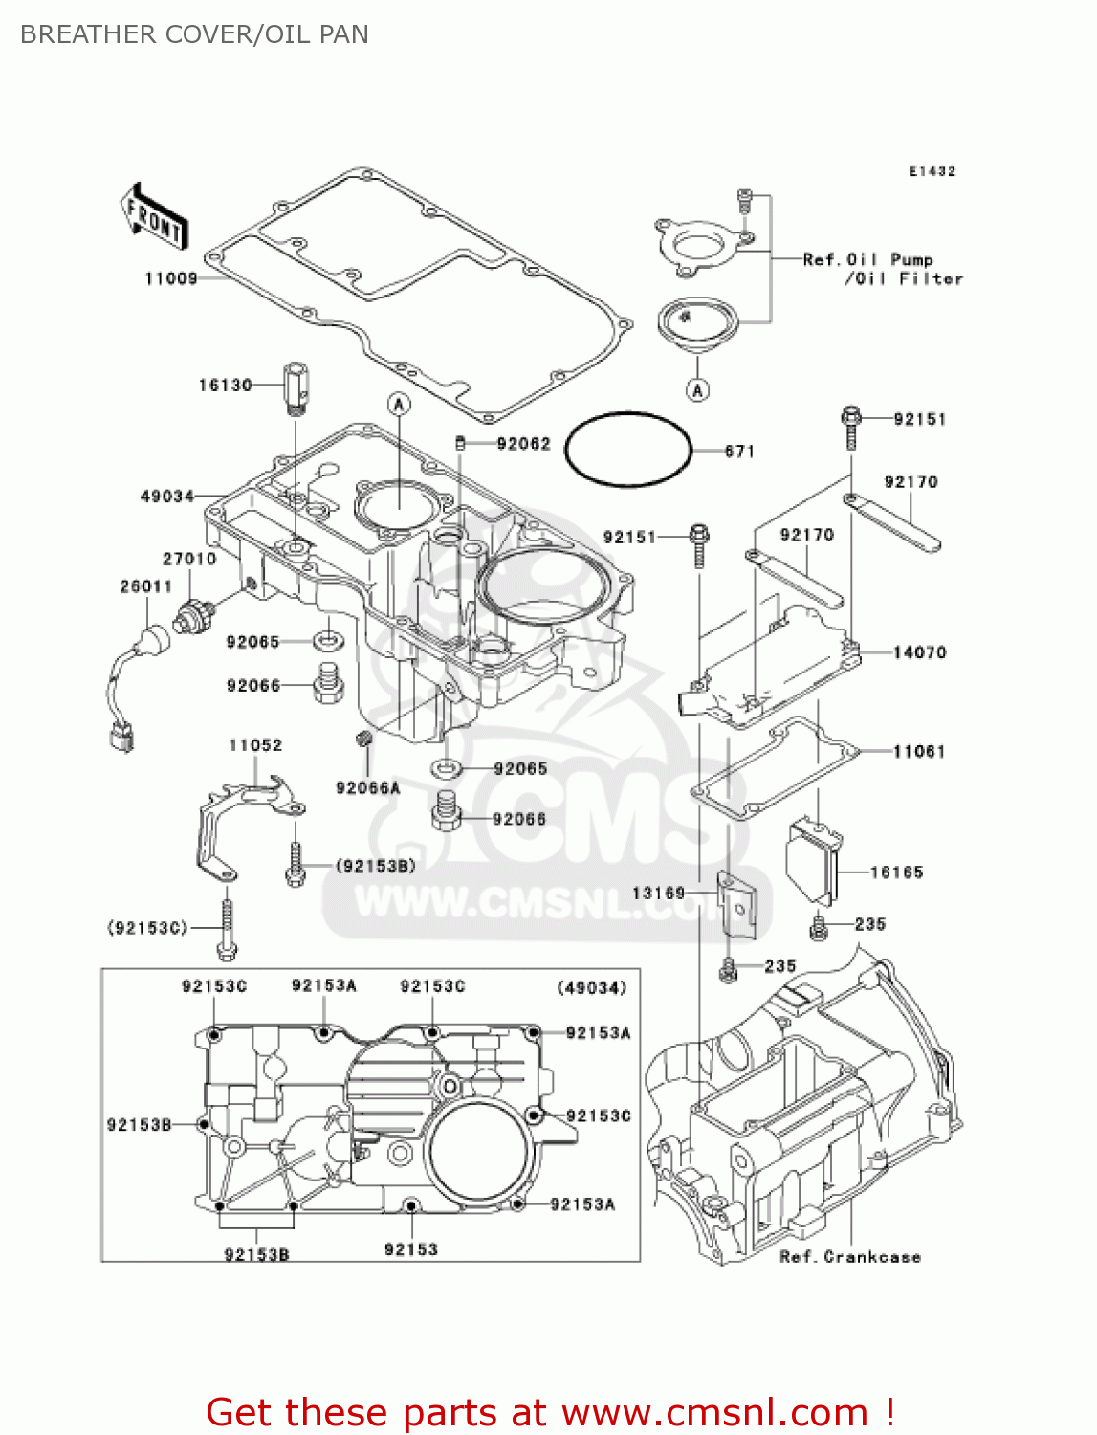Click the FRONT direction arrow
coord(154,216)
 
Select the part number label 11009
coord(171,278)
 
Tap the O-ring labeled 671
coord(627,449)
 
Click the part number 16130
coord(225,386)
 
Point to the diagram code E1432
coord(932,171)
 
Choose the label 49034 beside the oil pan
coord(167,497)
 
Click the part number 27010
coord(189,559)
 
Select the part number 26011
coord(146,586)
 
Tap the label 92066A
coord(368,788)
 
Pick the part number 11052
coord(255,745)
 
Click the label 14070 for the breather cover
coord(919,652)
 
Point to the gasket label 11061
coord(919,752)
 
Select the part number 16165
coord(896,872)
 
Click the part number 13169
coord(659,894)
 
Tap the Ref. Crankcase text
coord(850,1257)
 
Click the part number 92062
coord(524,444)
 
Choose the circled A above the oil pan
coord(399,405)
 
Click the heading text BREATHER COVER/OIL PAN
coord(194,34)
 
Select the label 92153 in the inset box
coord(411,1249)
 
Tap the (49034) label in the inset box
coord(592,988)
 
